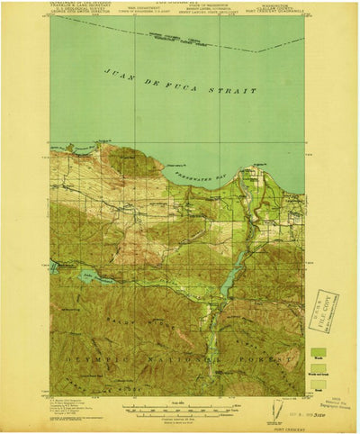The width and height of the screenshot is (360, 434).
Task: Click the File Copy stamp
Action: (320, 311)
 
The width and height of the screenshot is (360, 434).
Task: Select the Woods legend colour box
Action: (318, 352)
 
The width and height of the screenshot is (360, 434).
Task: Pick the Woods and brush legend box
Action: (318, 368)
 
